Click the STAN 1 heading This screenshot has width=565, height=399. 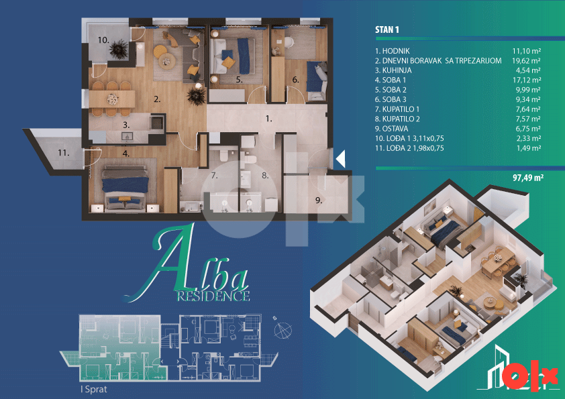coord(387,30)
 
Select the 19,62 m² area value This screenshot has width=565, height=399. coord(526,60)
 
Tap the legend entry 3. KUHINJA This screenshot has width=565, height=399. coord(393,70)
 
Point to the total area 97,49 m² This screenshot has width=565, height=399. coord(528,177)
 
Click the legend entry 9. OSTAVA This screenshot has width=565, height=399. coord(392,129)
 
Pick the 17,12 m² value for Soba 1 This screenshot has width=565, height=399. coord(527,80)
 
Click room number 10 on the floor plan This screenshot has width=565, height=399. coord(103,40)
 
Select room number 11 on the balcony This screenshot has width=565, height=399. coord(64,153)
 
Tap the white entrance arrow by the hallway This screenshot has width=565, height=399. coord(340,158)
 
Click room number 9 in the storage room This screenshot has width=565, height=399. coord(319,201)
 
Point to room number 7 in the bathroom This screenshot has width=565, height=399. coord(215,176)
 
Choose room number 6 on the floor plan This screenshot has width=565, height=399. coord(295,80)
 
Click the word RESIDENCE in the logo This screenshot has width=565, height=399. coord(213,296)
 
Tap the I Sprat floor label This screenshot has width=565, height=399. coord(94,390)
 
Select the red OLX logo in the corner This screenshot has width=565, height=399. coord(529,376)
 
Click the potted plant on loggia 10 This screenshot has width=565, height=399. coord(119,49)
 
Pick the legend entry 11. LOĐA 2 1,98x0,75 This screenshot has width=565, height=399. coord(409,148)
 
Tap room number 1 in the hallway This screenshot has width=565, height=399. coord(269,119)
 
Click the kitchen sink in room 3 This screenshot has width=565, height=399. coord(127,136)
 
